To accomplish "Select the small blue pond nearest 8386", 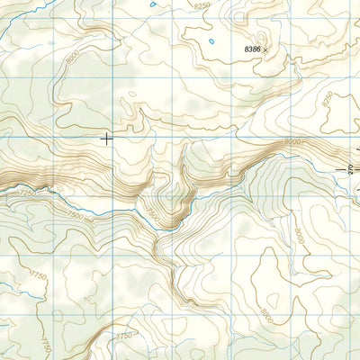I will point(211,40).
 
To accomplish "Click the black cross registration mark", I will point(107,138).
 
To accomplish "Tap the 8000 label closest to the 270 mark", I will point(292,142).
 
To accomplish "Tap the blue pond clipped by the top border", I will point(154,3).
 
